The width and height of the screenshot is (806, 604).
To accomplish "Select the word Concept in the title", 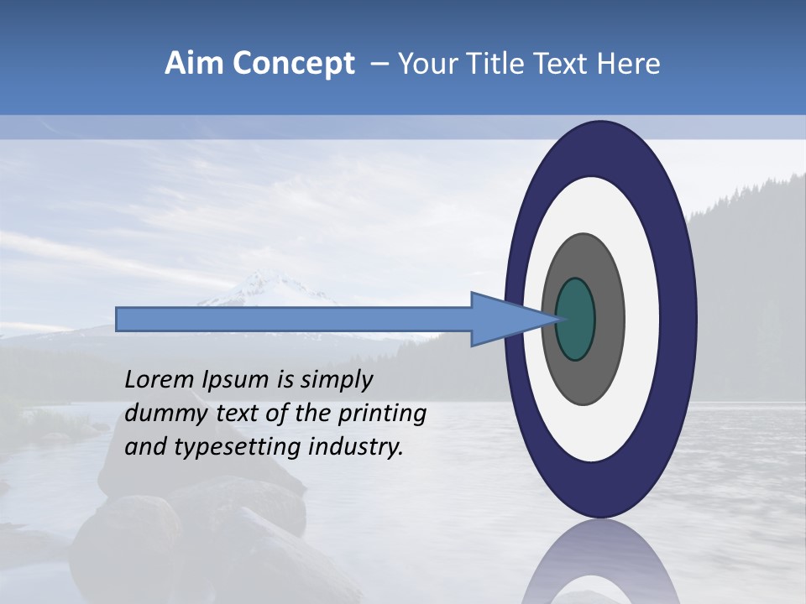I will click(x=294, y=65).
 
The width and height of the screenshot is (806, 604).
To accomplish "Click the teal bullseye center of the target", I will click(x=575, y=320).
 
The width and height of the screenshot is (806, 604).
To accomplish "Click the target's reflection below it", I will click(x=599, y=562).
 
